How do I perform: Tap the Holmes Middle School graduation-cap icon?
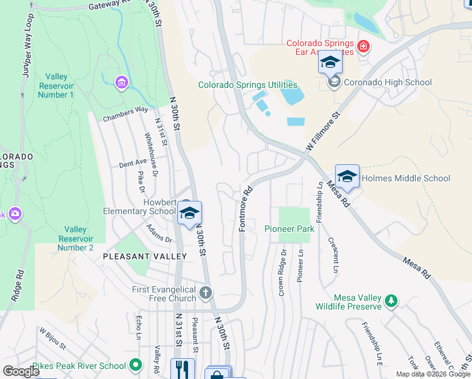pyautogui.click(x=347, y=176)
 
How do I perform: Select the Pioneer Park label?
pyautogui.click(x=289, y=229)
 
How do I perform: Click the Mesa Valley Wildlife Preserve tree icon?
pyautogui.click(x=391, y=301)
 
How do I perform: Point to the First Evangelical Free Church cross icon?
pyautogui.click(x=206, y=292)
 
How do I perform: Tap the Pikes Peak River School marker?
pyautogui.click(x=135, y=364)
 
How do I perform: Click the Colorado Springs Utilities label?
pyautogui.click(x=247, y=85)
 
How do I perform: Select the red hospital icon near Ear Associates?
pyautogui.click(x=363, y=46)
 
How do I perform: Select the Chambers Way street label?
pyautogui.click(x=125, y=113)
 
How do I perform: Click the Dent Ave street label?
pyautogui.click(x=133, y=163)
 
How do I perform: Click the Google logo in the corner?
pyautogui.click(x=21, y=371)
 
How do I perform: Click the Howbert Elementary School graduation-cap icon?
pyautogui.click(x=189, y=213)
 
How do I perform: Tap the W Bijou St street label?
pyautogui.click(x=52, y=337)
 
